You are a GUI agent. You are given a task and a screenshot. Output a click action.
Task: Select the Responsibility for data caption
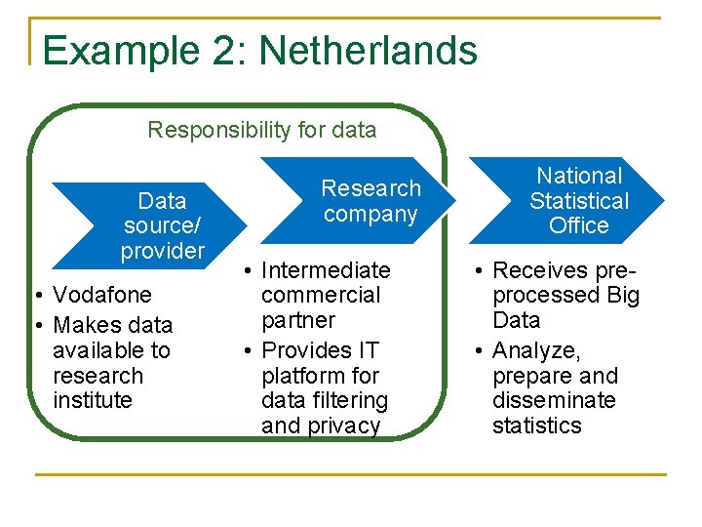point(261,130)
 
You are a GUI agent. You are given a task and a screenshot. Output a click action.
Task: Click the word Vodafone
point(102,295)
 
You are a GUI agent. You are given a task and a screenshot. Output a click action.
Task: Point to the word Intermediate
point(326,270)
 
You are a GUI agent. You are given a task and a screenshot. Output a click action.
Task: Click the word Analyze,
point(536,350)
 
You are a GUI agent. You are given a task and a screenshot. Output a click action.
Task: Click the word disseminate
point(554,401)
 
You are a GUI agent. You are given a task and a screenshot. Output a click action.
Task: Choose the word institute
point(92,401)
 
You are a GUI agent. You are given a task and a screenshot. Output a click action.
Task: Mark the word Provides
point(306,350)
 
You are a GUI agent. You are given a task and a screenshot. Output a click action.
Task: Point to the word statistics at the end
point(536,426)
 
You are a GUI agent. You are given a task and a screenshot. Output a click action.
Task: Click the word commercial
point(321,295)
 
